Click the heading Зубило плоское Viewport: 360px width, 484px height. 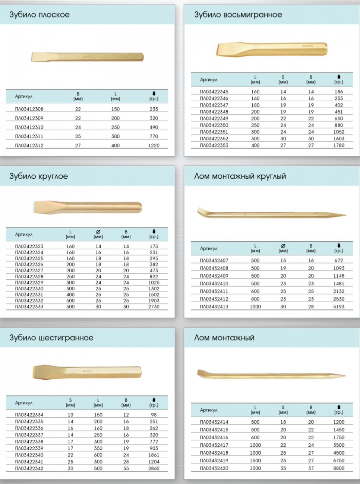pyautogui.click(x=40, y=15)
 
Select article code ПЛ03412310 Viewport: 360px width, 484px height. pyautogui.click(x=29, y=127)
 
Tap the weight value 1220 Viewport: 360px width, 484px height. pyautogui.click(x=154, y=146)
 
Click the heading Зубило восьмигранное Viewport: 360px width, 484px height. pyautogui.click(x=238, y=15)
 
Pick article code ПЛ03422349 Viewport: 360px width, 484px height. pyautogui.click(x=214, y=118)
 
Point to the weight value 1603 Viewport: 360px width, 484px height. pyautogui.click(x=339, y=138)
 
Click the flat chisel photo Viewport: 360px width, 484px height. pyautogui.click(x=87, y=57)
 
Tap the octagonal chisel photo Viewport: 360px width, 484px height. pyautogui.click(x=272, y=49)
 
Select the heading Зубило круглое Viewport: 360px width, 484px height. pyautogui.click(x=38, y=176)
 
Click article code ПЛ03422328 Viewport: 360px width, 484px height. pyautogui.click(x=29, y=277)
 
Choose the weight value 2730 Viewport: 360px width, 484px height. pyautogui.click(x=154, y=306)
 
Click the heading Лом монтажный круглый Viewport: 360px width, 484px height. pyautogui.click(x=240, y=176)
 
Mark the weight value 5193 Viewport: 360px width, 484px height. pyautogui.click(x=339, y=306)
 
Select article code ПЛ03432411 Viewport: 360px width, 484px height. pyautogui.click(x=214, y=291)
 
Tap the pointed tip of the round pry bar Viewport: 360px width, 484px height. pyautogui.click(x=346, y=215)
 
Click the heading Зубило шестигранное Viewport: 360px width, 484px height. pyautogui.click(x=51, y=338)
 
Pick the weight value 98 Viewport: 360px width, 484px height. pyautogui.click(x=154, y=415)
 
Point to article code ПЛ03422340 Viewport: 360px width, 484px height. pyautogui.click(x=29, y=455)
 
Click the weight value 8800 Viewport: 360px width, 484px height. pyautogui.click(x=339, y=468)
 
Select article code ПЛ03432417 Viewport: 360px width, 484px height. pyautogui.click(x=214, y=445)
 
